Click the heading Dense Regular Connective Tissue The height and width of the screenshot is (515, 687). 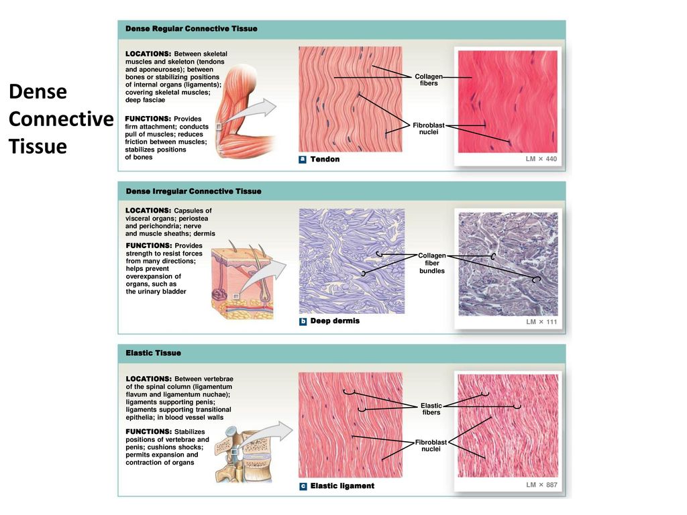[x=191, y=28]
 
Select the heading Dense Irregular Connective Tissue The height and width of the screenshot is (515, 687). [x=193, y=191]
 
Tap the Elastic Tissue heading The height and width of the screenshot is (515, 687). [x=153, y=353]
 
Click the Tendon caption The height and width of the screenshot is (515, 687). [x=325, y=159]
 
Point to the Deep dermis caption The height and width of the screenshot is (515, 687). [x=335, y=321]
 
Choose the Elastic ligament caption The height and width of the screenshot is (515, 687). [x=342, y=485]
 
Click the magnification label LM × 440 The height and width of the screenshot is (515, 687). [x=541, y=158]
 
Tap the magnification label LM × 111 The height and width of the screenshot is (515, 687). [x=541, y=321]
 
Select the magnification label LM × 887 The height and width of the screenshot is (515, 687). [x=541, y=484]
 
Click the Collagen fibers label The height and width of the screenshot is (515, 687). [x=429, y=80]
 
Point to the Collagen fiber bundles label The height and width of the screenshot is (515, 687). [x=432, y=263]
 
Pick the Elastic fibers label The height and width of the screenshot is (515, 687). [x=431, y=408]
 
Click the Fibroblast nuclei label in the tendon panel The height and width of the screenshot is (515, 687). [x=429, y=128]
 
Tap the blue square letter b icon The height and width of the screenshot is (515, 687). [x=303, y=321]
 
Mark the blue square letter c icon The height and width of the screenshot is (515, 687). [x=303, y=486]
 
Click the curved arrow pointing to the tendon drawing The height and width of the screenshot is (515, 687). [x=253, y=112]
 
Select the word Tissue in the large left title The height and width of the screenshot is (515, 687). [x=38, y=146]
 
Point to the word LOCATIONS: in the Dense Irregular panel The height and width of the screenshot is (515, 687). [x=148, y=210]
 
